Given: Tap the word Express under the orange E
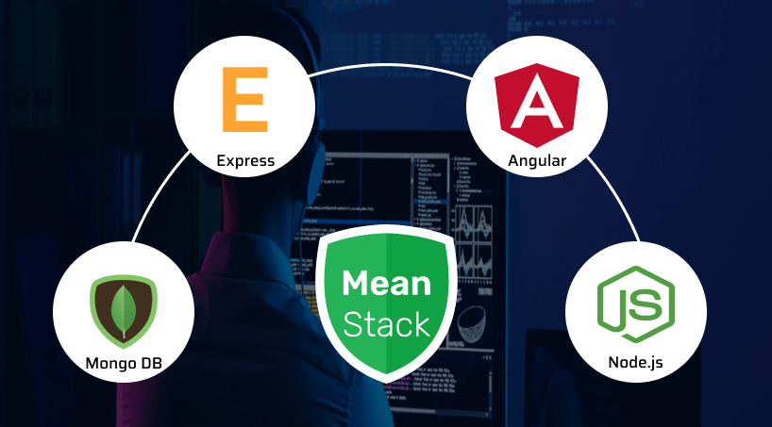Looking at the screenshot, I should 245,160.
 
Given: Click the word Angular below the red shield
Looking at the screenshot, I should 536,160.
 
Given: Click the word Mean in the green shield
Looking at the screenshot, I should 386,284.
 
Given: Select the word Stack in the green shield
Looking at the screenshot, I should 386,324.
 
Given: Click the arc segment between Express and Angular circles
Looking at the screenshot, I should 386,68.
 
